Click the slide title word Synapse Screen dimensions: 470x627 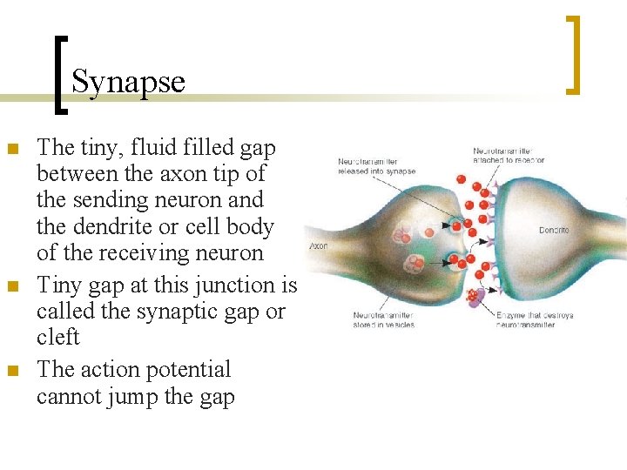tap(128, 82)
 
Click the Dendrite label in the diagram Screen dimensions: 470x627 tap(554, 231)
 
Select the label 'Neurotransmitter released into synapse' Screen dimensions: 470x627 tap(375, 165)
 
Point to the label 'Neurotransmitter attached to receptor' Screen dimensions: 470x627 tap(509, 155)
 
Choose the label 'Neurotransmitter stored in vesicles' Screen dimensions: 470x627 tap(384, 319)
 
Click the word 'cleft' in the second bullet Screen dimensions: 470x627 tap(57, 338)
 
